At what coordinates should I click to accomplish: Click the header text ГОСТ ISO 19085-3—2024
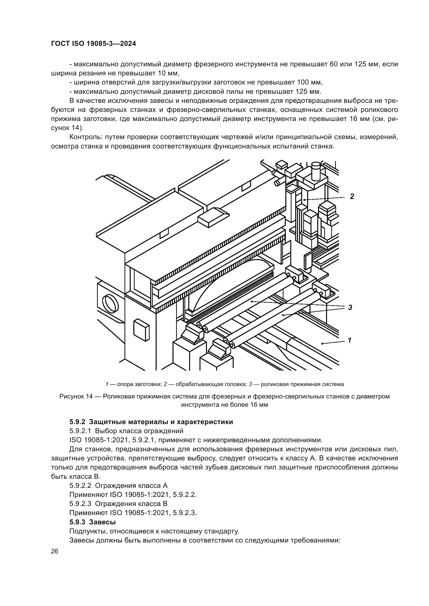93,44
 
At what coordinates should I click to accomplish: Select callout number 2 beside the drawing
352,196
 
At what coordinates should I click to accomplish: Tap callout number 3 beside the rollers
350,308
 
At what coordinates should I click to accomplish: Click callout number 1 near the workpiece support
349,340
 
